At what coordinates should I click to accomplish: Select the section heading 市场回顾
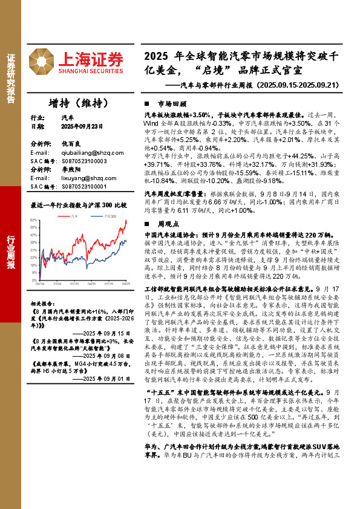pyautogui.click(x=168, y=103)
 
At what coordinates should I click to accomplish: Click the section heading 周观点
pyautogui.click(x=165, y=223)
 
